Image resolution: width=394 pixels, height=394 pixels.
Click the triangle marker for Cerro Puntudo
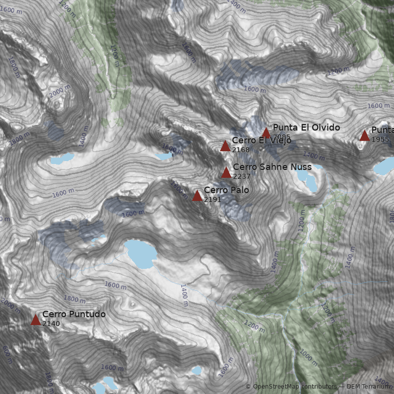coord(35,320)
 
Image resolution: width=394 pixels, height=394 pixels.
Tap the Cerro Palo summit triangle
coord(197,196)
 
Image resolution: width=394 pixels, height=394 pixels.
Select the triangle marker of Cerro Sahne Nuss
coord(226,172)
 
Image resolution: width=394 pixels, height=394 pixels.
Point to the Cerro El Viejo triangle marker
coord(225,146)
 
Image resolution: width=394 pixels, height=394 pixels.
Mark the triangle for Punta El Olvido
coord(266,132)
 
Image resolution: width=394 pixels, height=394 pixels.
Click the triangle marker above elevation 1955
coord(364,135)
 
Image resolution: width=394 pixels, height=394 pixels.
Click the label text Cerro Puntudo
coord(74,314)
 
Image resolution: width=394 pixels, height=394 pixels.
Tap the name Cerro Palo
coord(226,190)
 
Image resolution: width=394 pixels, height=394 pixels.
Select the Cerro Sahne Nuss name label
coord(272,167)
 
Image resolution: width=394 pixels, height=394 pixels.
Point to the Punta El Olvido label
coord(306,128)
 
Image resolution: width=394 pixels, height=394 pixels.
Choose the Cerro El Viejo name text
coord(262,140)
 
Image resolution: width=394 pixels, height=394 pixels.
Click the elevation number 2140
coord(51,324)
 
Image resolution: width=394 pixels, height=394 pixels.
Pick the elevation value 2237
coord(242,176)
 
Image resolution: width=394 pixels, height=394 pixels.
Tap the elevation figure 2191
coord(213,199)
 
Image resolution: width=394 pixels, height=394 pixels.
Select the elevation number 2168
coord(241,150)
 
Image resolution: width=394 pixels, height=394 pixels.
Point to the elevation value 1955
coord(380,139)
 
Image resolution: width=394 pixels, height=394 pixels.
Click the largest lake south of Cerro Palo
coord(140,254)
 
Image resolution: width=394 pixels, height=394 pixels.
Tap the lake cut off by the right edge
coord(385,166)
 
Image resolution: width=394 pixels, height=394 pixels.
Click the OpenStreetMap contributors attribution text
coord(291,387)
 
